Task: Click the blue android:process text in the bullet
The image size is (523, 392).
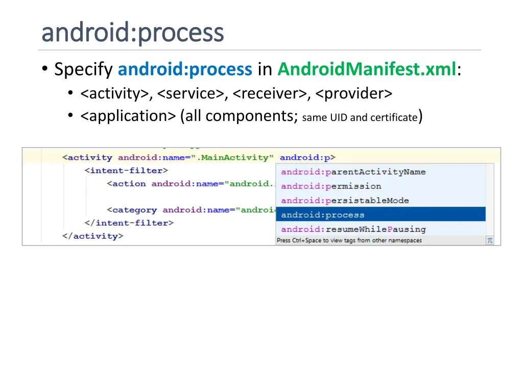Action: click(185, 69)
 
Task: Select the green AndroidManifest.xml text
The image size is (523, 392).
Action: click(367, 69)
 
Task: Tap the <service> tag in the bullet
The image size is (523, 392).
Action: click(191, 94)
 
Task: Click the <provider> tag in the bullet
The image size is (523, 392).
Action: click(354, 94)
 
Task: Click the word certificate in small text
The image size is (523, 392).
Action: click(394, 118)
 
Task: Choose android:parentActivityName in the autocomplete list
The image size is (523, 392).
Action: click(353, 172)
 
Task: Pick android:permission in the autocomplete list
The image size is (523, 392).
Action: click(331, 186)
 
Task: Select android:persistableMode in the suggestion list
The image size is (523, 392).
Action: click(345, 201)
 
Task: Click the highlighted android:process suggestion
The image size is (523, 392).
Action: click(323, 215)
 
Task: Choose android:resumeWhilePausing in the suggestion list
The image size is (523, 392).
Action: click(353, 229)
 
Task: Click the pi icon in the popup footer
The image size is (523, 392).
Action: click(489, 240)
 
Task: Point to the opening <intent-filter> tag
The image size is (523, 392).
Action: click(126, 170)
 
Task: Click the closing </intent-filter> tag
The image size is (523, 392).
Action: click(129, 223)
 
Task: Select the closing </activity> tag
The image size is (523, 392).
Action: click(92, 236)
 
